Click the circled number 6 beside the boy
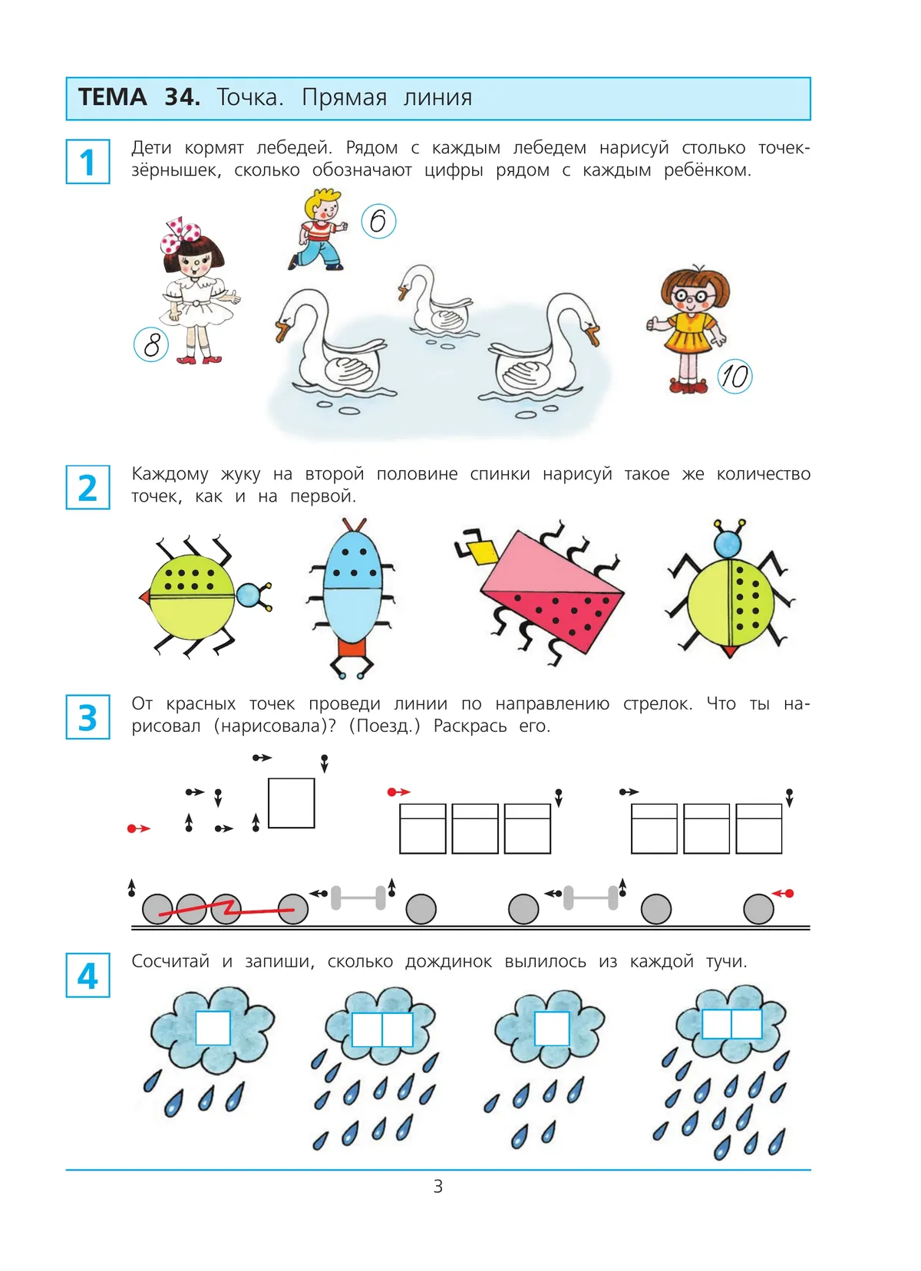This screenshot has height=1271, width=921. coord(378,221)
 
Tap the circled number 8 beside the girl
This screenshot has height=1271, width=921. coord(151,344)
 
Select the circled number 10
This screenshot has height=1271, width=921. coord(734,376)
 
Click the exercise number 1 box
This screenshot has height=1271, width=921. coord(88,162)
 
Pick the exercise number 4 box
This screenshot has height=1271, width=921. coord(88,975)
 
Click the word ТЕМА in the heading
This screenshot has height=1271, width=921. coord(112,97)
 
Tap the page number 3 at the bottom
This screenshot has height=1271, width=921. coord(437,1186)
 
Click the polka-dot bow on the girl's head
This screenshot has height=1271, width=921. coord(180,235)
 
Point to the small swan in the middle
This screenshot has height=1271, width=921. coord(434,300)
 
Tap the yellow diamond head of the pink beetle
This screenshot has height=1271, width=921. coord(482,552)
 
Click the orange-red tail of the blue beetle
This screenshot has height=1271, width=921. coord(352,648)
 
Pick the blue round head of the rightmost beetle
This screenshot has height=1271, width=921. coord(728,544)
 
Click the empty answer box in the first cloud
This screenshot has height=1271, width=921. coord(213,1028)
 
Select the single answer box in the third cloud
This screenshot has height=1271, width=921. coord(552,1028)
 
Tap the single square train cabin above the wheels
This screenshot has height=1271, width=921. coord(292,803)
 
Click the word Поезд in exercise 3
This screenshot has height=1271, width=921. coord(385,726)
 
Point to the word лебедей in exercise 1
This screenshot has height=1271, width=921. coord(293,147)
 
